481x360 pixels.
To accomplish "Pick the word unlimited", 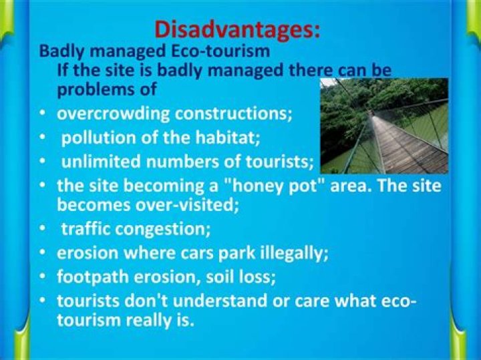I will (94, 162).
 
